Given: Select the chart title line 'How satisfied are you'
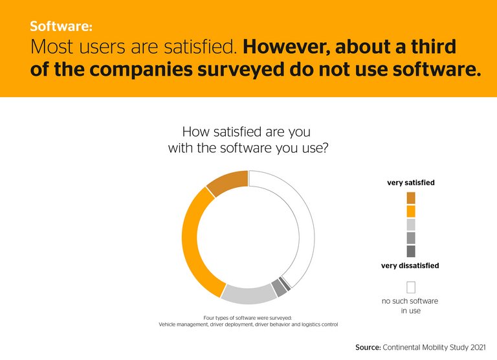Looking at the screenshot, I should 248,132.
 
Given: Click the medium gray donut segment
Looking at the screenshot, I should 279,287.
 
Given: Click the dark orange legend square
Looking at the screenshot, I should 411,197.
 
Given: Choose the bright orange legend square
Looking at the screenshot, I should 411,211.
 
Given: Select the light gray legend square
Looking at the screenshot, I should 411,225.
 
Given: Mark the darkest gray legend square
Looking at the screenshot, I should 411,251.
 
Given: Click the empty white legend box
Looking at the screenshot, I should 411,287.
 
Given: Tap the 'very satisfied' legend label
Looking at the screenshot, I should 411,183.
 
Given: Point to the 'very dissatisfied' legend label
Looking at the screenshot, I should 410,265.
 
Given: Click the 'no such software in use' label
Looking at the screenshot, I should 410,306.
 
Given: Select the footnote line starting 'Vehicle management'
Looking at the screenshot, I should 248,324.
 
